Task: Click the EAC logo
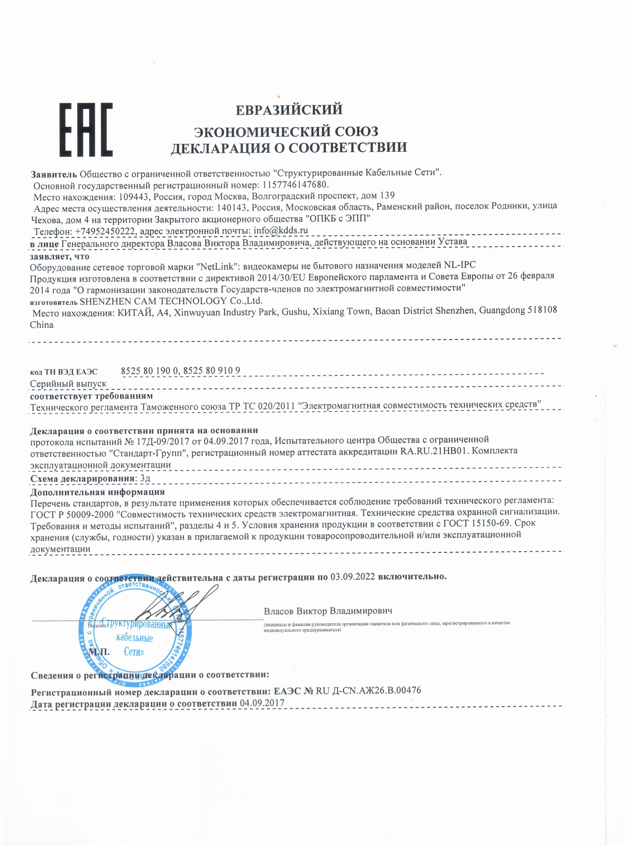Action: click(86, 130)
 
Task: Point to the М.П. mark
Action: click(99, 652)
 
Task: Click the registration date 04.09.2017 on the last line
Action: click(262, 703)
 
